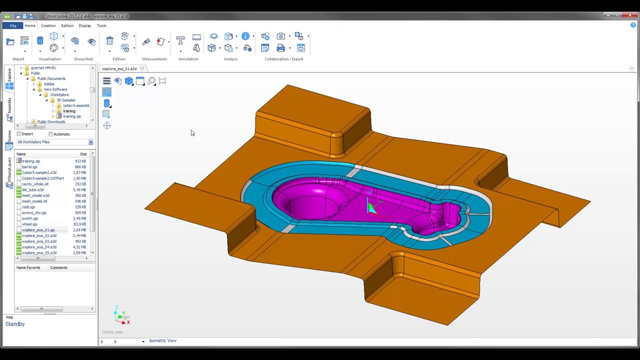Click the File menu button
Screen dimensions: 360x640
13,25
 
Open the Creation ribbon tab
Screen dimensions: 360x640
48,25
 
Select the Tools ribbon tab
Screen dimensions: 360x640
101,25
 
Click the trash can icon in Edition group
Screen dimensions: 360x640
109,41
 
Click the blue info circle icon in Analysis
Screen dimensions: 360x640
245,36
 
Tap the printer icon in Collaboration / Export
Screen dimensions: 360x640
280,48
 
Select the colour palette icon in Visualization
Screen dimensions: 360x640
54,48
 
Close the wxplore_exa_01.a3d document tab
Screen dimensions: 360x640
142,68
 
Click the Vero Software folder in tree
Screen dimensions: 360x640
55,89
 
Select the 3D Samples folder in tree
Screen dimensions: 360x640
65,100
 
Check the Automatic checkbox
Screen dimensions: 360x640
50,134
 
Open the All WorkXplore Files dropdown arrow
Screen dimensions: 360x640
90,142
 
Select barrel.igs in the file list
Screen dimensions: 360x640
29,167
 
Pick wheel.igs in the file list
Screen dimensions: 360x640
29,224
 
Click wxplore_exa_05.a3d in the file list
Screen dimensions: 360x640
39,253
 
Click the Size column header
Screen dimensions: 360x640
83,154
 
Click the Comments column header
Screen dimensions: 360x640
58,267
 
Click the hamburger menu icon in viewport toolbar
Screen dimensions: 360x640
106,81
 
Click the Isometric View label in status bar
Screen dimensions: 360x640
162,341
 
